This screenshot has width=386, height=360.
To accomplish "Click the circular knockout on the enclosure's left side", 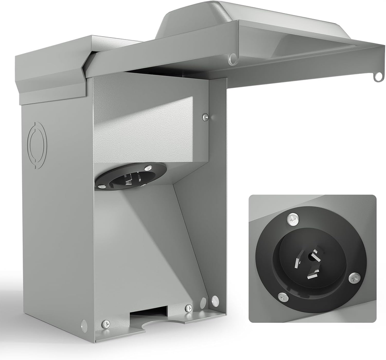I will [37, 145].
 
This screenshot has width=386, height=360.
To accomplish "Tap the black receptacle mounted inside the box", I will [131, 176].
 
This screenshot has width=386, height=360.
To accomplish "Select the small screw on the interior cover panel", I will [206, 117].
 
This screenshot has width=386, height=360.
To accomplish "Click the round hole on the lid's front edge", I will [233, 59].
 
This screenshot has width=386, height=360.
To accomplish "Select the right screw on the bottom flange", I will [189, 308].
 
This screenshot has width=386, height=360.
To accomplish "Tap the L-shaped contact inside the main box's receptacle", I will [135, 178].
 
